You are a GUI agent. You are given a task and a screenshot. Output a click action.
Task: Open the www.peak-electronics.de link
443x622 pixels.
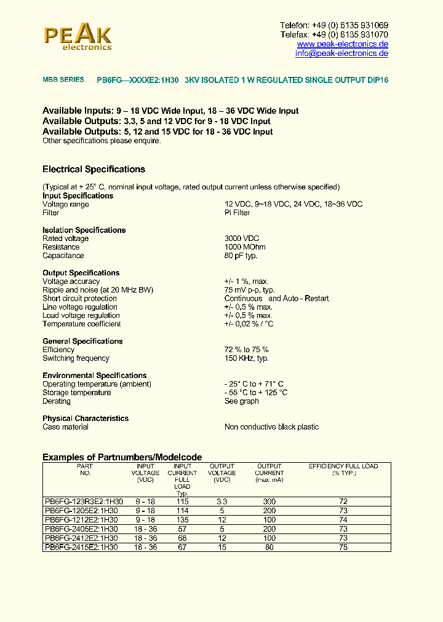point(342,44)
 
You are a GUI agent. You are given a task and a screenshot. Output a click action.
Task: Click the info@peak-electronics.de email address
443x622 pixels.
point(341,53)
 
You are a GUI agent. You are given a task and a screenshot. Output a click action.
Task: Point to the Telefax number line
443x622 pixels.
point(333,35)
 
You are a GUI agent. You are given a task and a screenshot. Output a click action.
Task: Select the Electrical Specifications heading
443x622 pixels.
point(94,169)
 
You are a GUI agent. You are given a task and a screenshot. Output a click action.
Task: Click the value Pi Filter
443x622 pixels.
point(237,213)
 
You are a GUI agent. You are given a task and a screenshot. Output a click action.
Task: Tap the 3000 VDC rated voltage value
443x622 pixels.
point(242,238)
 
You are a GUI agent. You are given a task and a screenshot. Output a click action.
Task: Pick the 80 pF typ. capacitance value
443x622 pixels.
point(241,256)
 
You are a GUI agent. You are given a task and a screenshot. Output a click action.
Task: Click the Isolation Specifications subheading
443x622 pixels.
point(84,230)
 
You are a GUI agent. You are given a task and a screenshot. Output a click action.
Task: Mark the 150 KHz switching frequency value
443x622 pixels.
point(246,358)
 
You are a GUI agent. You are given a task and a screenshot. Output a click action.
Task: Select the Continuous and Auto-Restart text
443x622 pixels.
point(276,299)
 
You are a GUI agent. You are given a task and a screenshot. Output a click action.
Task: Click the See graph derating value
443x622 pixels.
point(241,401)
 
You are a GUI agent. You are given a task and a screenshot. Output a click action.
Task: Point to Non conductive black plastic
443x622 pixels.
point(271,427)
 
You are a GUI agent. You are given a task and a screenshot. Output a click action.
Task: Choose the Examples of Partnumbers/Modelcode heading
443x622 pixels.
point(122,457)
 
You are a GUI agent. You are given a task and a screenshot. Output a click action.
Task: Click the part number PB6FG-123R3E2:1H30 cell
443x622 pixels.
point(84,502)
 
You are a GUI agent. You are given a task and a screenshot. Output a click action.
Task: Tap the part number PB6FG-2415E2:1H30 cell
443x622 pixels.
point(81,547)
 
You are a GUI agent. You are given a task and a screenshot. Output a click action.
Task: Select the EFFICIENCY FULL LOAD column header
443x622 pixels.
point(343,470)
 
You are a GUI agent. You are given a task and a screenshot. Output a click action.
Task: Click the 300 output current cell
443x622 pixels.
point(269,502)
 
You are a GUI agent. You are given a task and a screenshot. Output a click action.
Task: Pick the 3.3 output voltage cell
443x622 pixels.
point(222,502)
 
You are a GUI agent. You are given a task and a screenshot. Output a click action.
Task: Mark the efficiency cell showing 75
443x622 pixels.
point(343,547)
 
